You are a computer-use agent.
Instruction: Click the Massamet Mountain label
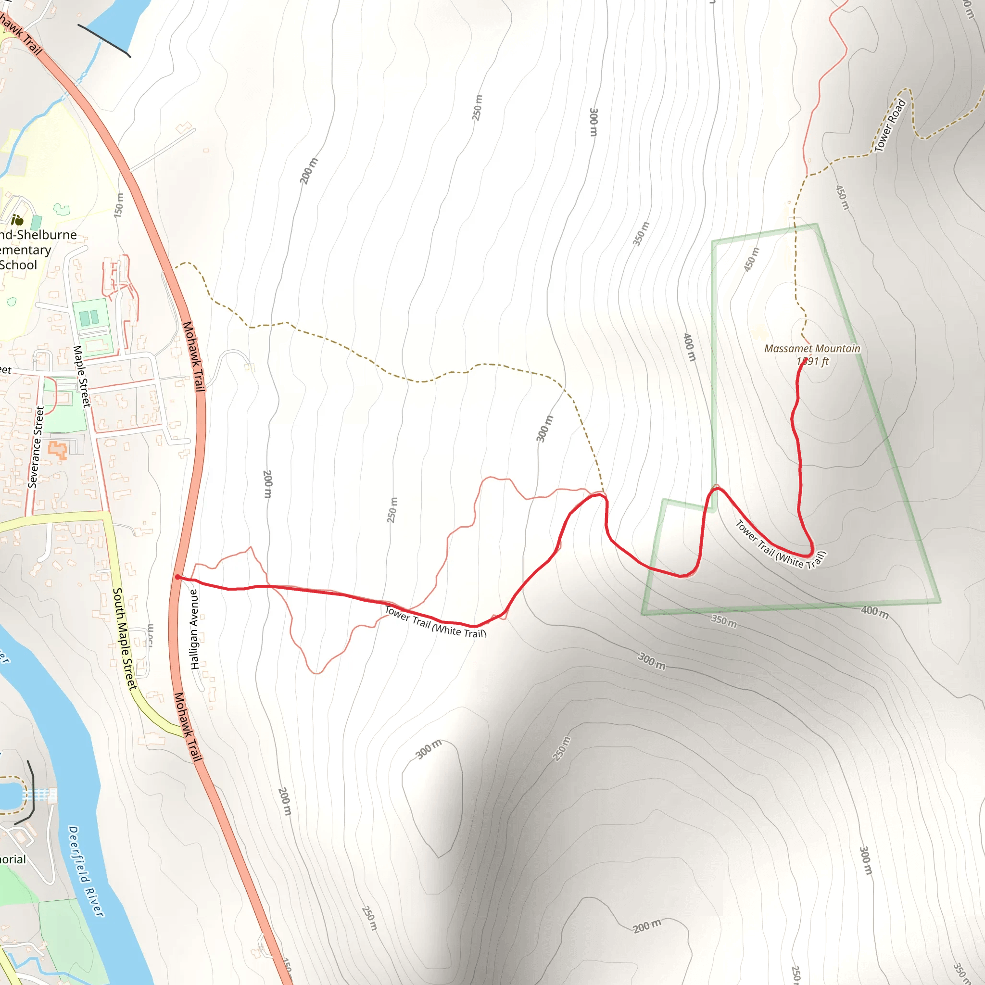(x=812, y=349)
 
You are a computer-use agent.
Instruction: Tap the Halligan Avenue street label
(x=194, y=629)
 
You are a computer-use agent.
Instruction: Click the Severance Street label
(x=36, y=447)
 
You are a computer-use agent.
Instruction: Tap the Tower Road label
(x=890, y=126)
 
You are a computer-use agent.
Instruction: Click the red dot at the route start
(x=177, y=577)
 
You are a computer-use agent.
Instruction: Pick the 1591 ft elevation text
(x=813, y=362)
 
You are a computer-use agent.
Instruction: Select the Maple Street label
(x=82, y=376)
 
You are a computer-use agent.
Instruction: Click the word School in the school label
(x=18, y=265)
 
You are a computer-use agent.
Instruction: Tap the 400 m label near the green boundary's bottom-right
(x=875, y=612)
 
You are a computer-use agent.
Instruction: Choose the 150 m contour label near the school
(x=119, y=205)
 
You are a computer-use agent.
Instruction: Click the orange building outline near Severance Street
(x=58, y=450)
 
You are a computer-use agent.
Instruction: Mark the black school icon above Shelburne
(x=17, y=220)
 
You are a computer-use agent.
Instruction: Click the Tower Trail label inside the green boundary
(x=780, y=544)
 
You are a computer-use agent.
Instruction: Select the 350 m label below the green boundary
(x=724, y=621)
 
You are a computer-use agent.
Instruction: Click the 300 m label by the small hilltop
(x=428, y=749)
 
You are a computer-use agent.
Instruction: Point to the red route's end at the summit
(x=805, y=362)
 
